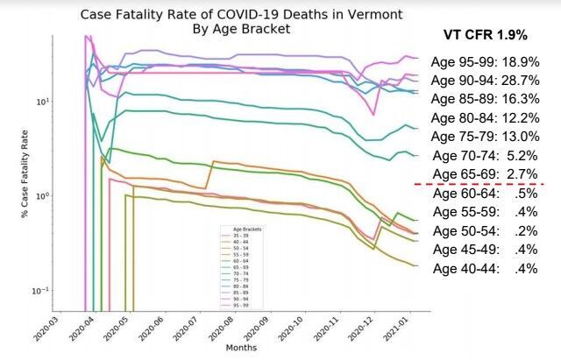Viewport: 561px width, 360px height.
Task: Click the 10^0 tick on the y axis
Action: click(39, 195)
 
